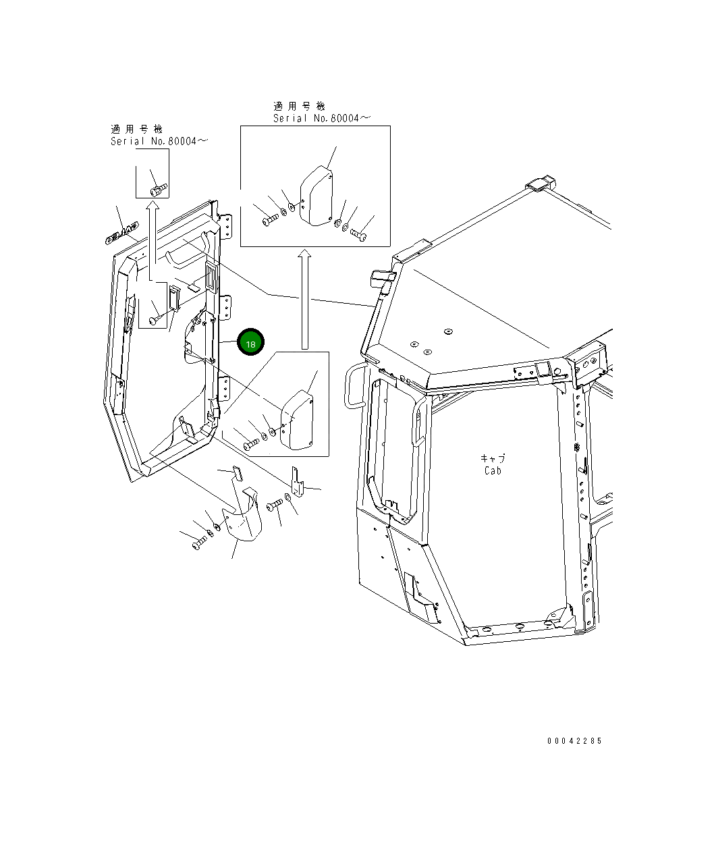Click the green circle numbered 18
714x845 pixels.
click(250, 344)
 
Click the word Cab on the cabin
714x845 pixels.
click(493, 471)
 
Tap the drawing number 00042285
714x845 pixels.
click(574, 741)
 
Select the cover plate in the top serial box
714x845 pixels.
click(315, 194)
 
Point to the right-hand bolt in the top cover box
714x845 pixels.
click(358, 234)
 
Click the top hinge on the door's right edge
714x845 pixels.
click(227, 227)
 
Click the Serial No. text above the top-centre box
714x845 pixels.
click(321, 118)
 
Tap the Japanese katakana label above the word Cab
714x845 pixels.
click(493, 458)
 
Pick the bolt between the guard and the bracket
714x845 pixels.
click(275, 505)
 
